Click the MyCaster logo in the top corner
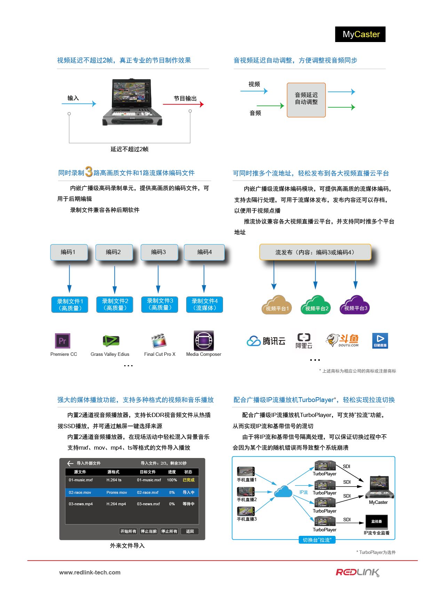click(x=360, y=34)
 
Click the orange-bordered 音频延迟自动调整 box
click(x=306, y=100)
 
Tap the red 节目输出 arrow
click(x=183, y=104)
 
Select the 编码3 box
click(x=159, y=252)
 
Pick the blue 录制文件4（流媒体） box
click(x=205, y=305)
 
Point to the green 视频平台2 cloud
click(x=315, y=306)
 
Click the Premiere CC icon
click(x=63, y=341)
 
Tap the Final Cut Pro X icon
click(x=159, y=341)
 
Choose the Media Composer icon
click(x=204, y=341)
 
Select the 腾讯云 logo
click(x=266, y=341)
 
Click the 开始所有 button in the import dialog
click(x=128, y=531)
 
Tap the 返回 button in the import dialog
click(x=190, y=531)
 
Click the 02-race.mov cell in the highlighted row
click(x=80, y=492)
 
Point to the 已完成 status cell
click(x=189, y=480)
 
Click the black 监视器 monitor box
click(x=376, y=522)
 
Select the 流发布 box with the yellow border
click(x=315, y=252)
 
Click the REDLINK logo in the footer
click(x=357, y=572)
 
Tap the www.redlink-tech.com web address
click(x=90, y=572)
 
